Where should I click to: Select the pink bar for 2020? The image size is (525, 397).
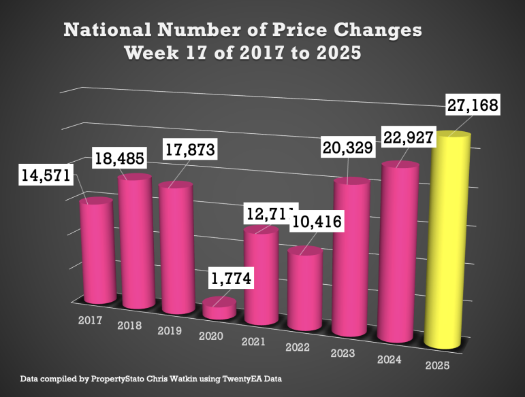[x=220, y=309]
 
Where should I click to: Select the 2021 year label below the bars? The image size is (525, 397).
[x=253, y=342]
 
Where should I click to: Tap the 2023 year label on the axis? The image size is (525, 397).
[x=344, y=353]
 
